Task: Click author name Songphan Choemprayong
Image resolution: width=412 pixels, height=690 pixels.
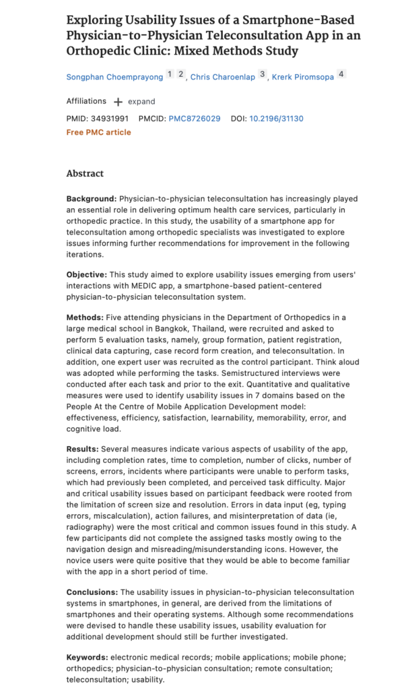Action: (x=114, y=77)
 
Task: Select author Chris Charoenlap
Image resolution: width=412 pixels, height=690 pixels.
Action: (x=222, y=77)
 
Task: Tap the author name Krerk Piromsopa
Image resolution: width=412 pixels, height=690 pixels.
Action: (x=302, y=77)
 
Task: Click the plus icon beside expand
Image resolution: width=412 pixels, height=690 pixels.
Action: (x=118, y=102)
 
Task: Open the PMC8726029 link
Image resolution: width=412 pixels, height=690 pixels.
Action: (x=195, y=119)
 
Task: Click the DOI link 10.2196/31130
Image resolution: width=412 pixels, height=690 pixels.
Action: (x=276, y=119)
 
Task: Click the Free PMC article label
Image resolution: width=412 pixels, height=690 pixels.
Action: (x=98, y=132)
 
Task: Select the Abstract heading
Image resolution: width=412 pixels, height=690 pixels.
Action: (x=85, y=173)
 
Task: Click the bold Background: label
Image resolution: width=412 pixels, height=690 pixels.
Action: (x=91, y=199)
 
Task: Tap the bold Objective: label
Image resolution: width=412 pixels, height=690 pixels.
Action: (x=88, y=276)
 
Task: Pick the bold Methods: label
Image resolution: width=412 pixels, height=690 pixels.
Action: (x=85, y=317)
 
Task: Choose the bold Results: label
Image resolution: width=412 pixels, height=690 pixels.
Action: (x=84, y=449)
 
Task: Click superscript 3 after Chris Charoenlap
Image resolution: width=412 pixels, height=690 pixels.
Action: (x=262, y=75)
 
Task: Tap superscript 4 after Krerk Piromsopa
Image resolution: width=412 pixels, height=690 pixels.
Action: (x=341, y=75)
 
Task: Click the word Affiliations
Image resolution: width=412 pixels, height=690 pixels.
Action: (x=86, y=101)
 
